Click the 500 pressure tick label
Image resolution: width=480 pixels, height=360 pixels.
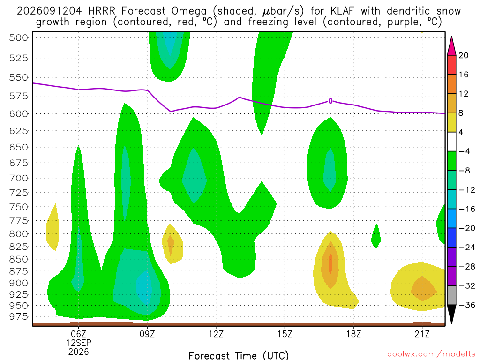[19, 37]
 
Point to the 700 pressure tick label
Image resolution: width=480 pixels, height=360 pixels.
[19, 178]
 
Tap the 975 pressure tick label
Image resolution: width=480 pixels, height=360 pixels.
[19, 316]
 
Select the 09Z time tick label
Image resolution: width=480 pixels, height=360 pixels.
[147, 334]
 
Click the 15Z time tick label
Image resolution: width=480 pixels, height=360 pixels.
[285, 334]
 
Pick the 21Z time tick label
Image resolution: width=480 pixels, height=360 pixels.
[422, 334]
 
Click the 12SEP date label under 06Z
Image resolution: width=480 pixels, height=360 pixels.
[79, 343]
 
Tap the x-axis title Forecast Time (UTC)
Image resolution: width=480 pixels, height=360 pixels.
[239, 355]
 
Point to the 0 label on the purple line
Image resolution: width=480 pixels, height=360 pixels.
[330, 101]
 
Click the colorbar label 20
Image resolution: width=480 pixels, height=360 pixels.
[463, 55]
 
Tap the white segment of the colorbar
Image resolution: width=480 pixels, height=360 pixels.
[451, 142]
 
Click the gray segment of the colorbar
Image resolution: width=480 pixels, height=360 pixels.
[451, 295]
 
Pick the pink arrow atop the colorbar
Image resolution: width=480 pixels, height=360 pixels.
[451, 46]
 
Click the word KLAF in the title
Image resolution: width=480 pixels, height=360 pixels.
[342, 11]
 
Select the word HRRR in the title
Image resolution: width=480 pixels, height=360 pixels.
[102, 11]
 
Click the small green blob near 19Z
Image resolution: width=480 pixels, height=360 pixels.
[376, 236]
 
